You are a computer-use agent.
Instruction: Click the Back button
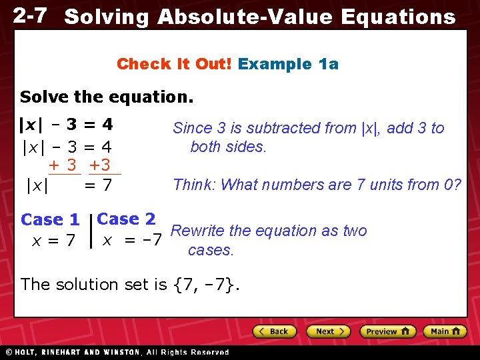[x=273, y=331]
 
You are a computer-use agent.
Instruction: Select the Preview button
[x=387, y=331]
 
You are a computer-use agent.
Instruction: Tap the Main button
[x=447, y=331]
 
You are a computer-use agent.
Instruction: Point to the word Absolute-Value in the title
[x=245, y=17]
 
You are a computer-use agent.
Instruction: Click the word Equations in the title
[x=398, y=17]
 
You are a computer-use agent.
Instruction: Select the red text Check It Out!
[x=175, y=64]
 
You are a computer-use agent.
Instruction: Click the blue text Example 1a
[x=288, y=64]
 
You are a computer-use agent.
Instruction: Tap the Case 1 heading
[x=50, y=219]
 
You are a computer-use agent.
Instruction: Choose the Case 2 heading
[x=126, y=219]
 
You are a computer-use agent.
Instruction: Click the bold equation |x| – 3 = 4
[x=65, y=125]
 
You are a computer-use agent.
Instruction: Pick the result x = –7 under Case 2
[x=132, y=240]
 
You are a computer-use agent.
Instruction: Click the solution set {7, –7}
[x=206, y=285]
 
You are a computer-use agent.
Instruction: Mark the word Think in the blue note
[x=193, y=185]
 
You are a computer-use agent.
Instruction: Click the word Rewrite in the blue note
[x=198, y=231]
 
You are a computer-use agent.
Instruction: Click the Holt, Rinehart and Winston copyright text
[x=117, y=352]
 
